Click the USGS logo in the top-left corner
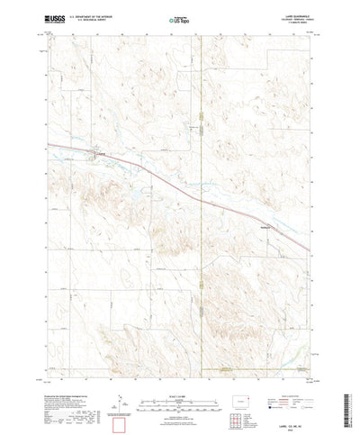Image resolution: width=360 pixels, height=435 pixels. click(x=57, y=19)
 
